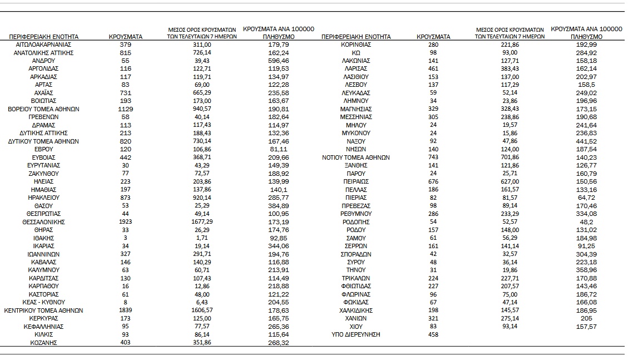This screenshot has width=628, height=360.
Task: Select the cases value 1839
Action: (126, 310)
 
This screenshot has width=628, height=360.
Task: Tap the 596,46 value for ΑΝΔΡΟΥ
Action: (278, 60)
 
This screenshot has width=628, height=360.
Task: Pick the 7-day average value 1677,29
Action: (202, 221)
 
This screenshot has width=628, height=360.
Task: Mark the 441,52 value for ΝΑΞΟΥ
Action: (586, 141)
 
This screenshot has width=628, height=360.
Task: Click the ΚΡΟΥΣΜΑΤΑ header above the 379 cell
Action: (126, 37)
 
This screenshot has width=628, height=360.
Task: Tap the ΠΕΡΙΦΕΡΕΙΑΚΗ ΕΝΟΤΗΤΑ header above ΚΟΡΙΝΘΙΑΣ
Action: (356, 37)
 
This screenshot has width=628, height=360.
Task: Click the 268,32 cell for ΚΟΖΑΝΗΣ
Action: (278, 343)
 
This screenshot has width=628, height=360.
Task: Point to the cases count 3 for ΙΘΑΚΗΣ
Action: (126, 238)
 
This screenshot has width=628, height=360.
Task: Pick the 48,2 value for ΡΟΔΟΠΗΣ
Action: (586, 221)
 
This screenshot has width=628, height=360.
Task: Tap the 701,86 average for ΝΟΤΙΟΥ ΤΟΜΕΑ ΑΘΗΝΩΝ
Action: (510, 157)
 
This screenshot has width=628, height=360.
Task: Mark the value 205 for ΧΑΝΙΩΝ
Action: (586, 318)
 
